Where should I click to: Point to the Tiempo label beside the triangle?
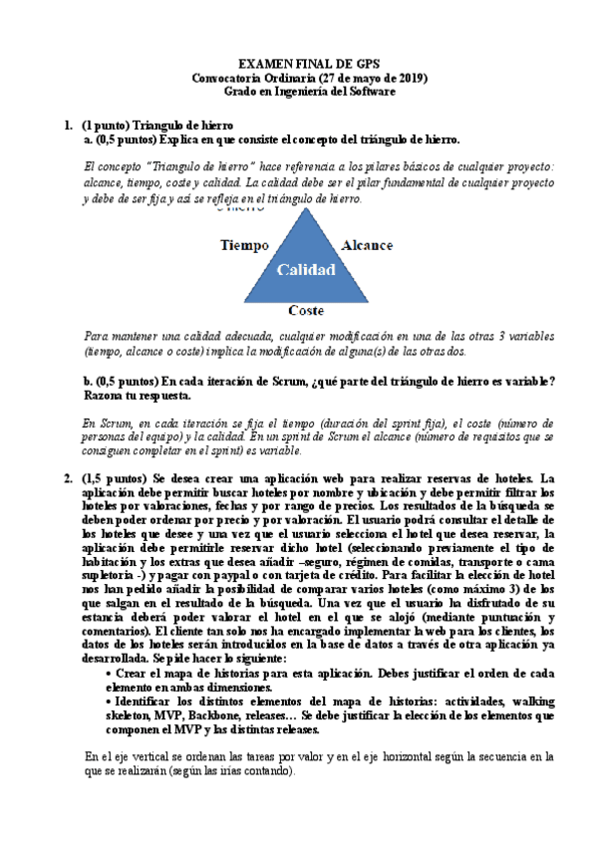pos(244,244)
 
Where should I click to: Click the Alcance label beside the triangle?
pos(367,244)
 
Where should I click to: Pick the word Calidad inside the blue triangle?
pos(305,269)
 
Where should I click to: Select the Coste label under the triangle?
pos(306,310)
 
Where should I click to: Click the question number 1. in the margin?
pos(68,126)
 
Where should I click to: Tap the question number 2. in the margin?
pos(68,479)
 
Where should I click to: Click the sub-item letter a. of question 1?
pos(88,141)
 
